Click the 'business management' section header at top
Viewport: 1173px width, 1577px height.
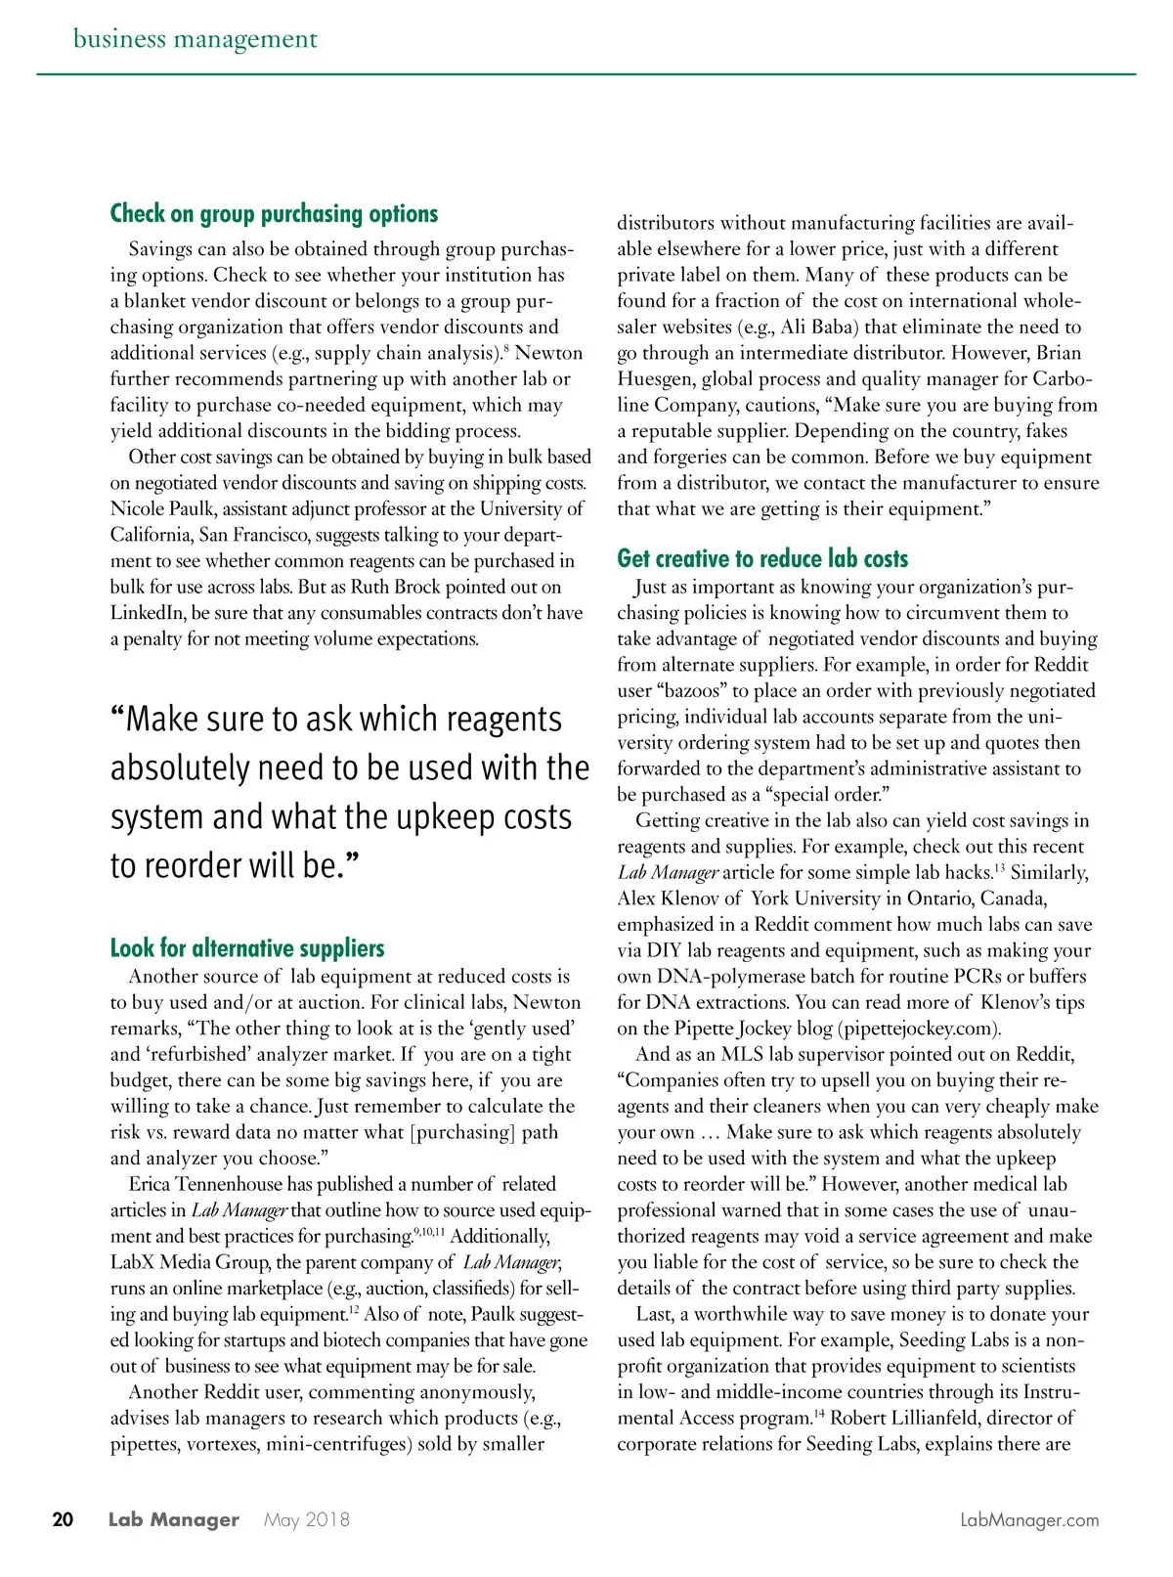[x=195, y=39]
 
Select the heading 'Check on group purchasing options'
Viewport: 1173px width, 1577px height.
[x=274, y=213]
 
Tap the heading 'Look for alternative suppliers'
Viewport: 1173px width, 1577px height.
[x=247, y=947]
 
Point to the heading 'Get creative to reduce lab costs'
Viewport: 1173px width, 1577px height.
[x=762, y=558]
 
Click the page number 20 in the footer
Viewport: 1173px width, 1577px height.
[x=63, y=1519]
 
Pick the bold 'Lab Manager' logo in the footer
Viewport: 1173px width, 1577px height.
[x=174, y=1519]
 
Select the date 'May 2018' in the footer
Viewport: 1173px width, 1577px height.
[x=306, y=1519]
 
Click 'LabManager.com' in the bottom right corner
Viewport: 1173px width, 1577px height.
[x=1029, y=1519]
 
